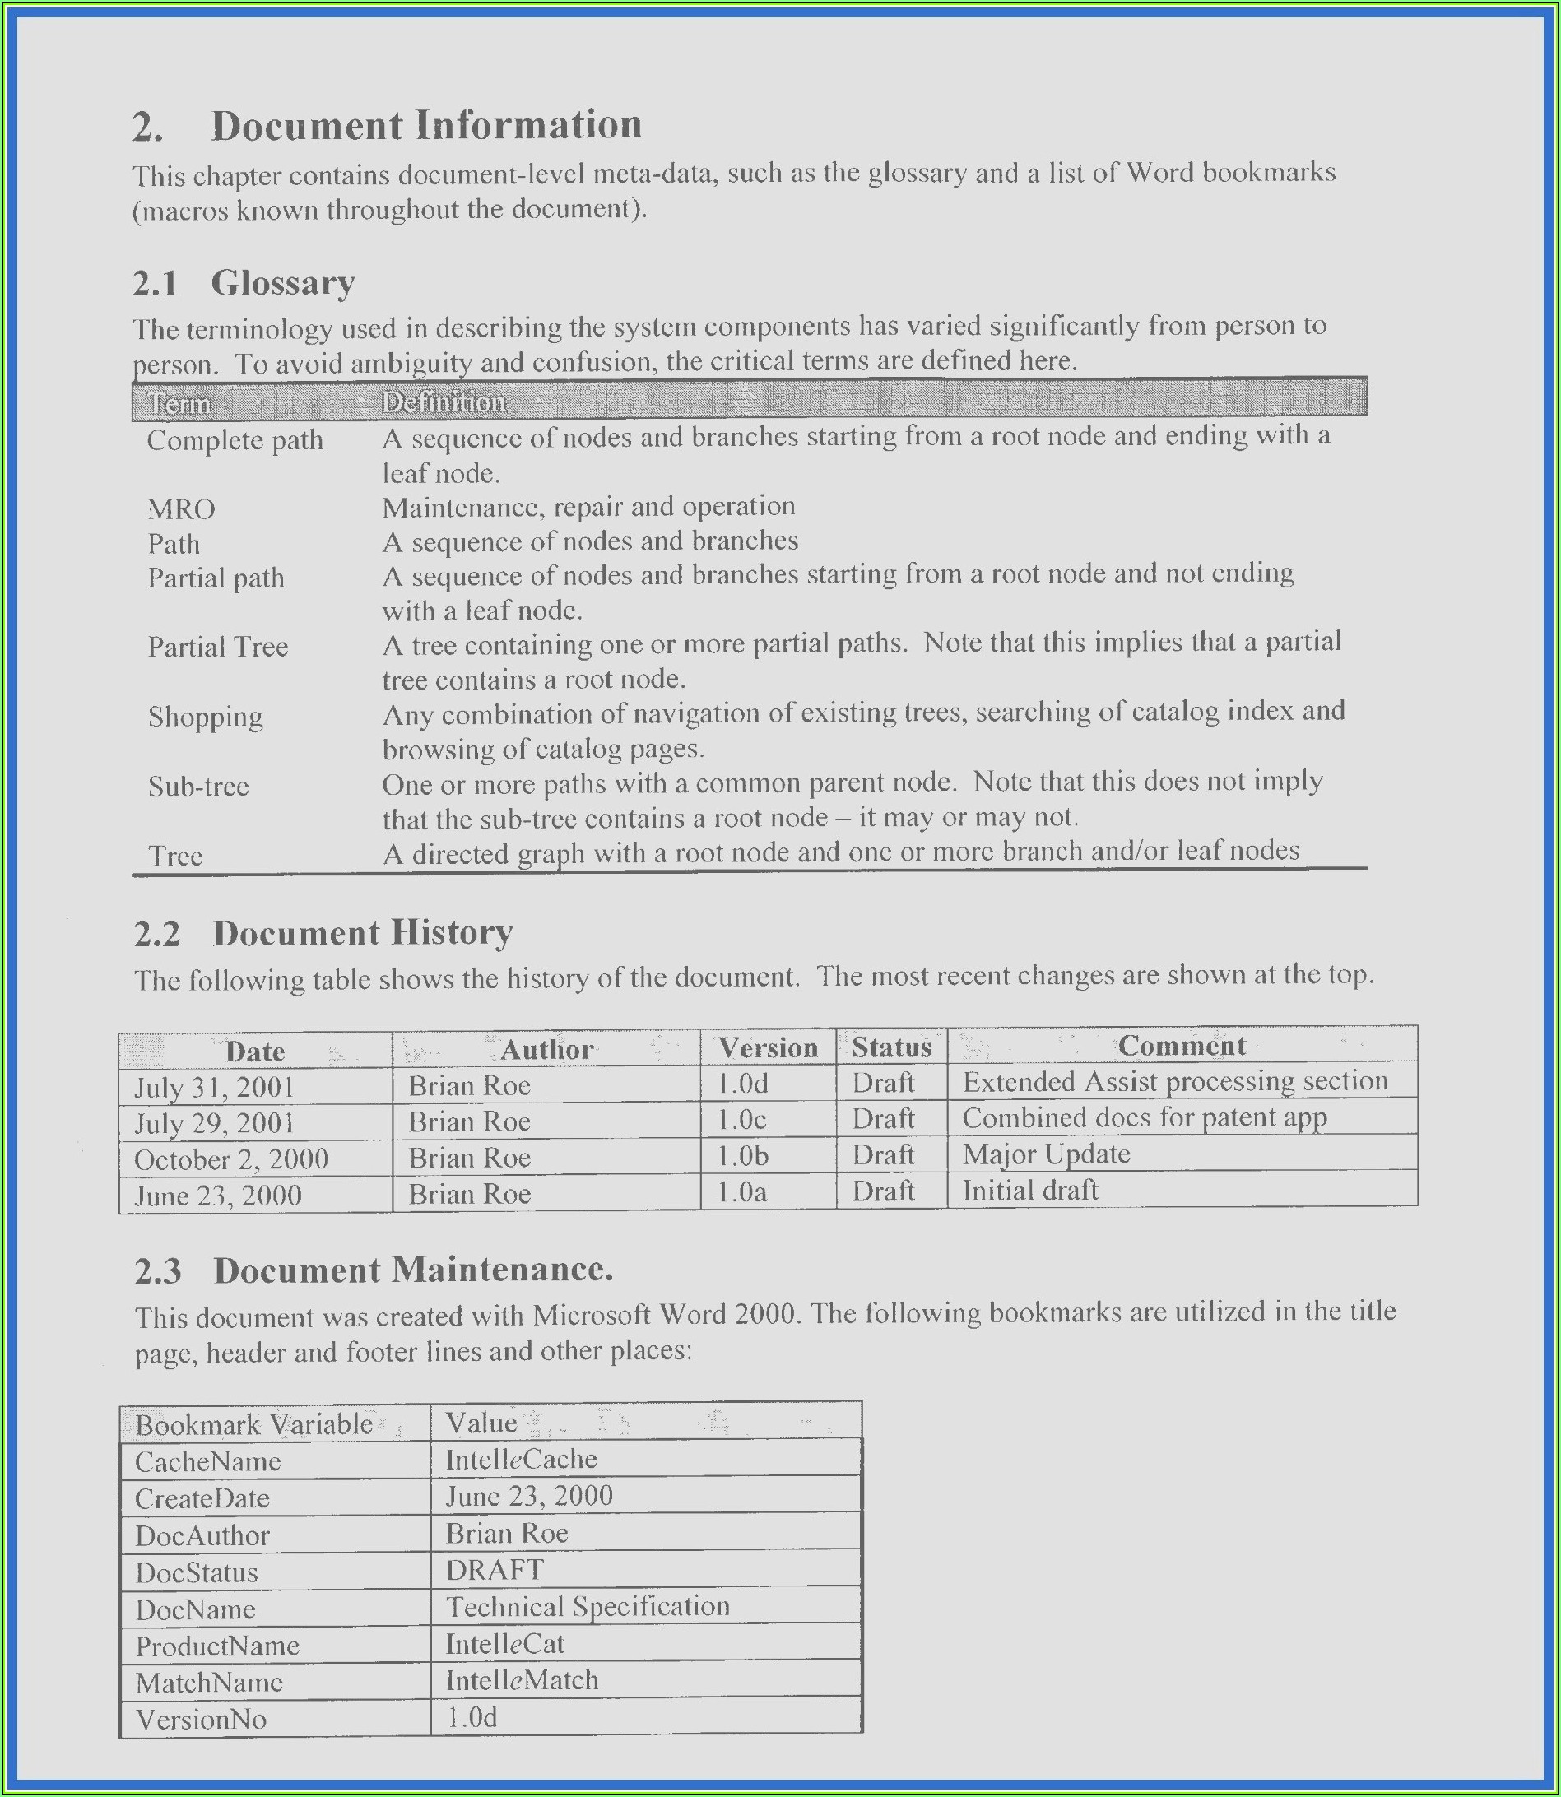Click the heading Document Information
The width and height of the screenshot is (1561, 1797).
click(426, 125)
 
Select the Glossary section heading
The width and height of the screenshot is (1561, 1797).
click(282, 283)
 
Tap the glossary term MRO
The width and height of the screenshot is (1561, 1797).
click(181, 508)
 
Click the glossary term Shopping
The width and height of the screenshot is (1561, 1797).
click(206, 717)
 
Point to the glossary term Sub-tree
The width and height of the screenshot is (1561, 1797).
click(198, 787)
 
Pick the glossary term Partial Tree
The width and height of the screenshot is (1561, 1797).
click(218, 648)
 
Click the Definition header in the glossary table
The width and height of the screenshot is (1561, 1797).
click(444, 402)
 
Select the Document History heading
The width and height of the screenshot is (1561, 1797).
click(362, 933)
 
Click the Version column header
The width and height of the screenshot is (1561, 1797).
click(768, 1047)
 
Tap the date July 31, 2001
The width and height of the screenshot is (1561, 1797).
click(214, 1087)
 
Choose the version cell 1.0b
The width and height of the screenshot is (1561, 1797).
click(742, 1156)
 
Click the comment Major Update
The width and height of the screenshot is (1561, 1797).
click(1045, 1154)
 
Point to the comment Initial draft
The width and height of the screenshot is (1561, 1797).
click(1029, 1190)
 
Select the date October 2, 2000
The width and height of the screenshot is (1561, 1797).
click(231, 1159)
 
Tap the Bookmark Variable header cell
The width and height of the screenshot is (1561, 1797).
click(253, 1424)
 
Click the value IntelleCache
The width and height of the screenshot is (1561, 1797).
click(521, 1459)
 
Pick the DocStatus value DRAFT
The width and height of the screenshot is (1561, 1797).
click(495, 1570)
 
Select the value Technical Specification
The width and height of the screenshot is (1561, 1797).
click(587, 1606)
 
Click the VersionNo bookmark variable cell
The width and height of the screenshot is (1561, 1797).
click(200, 1720)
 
